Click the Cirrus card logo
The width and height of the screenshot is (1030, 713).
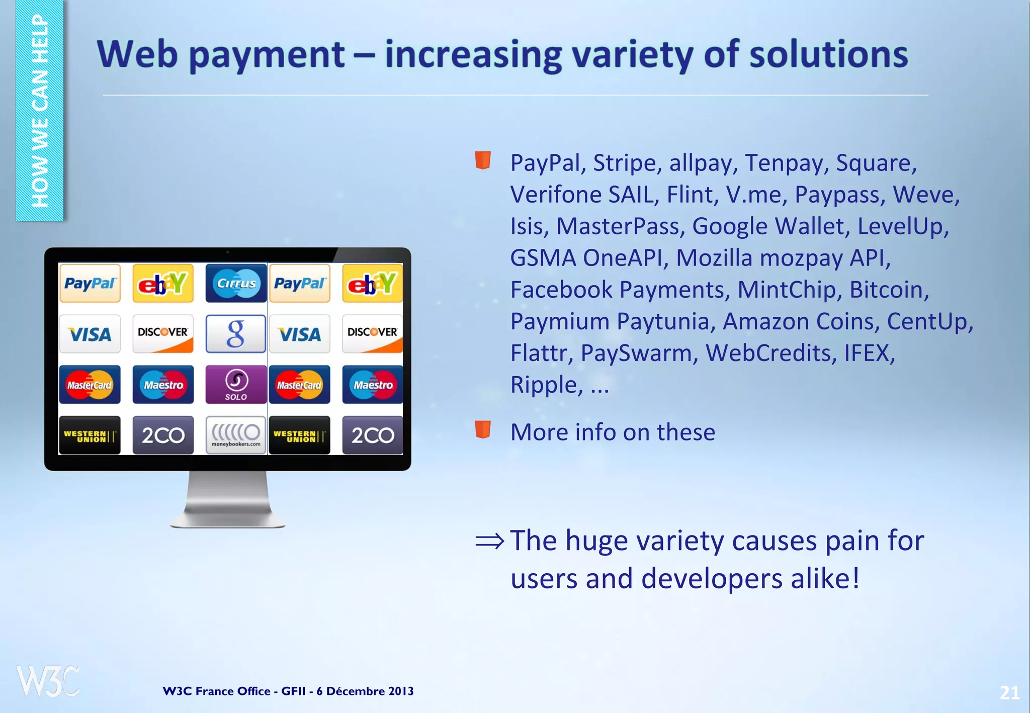click(x=236, y=283)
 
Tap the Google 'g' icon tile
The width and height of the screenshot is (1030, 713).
click(x=236, y=334)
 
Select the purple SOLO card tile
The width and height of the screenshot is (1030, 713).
click(x=236, y=385)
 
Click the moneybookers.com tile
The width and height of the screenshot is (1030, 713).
click(x=236, y=435)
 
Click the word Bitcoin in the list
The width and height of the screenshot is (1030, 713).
click(x=889, y=290)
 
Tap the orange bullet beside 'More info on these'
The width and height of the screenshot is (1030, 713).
click(x=483, y=430)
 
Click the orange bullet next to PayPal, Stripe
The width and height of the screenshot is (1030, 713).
click(x=483, y=160)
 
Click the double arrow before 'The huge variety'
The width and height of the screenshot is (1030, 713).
click(x=489, y=541)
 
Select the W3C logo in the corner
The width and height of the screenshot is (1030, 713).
click(x=48, y=681)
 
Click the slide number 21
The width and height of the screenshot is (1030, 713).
click(x=1009, y=693)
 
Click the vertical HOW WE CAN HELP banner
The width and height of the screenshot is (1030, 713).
click(x=40, y=111)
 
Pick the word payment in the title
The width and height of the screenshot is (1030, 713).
click(x=267, y=55)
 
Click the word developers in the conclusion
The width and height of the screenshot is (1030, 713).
click(x=712, y=579)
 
